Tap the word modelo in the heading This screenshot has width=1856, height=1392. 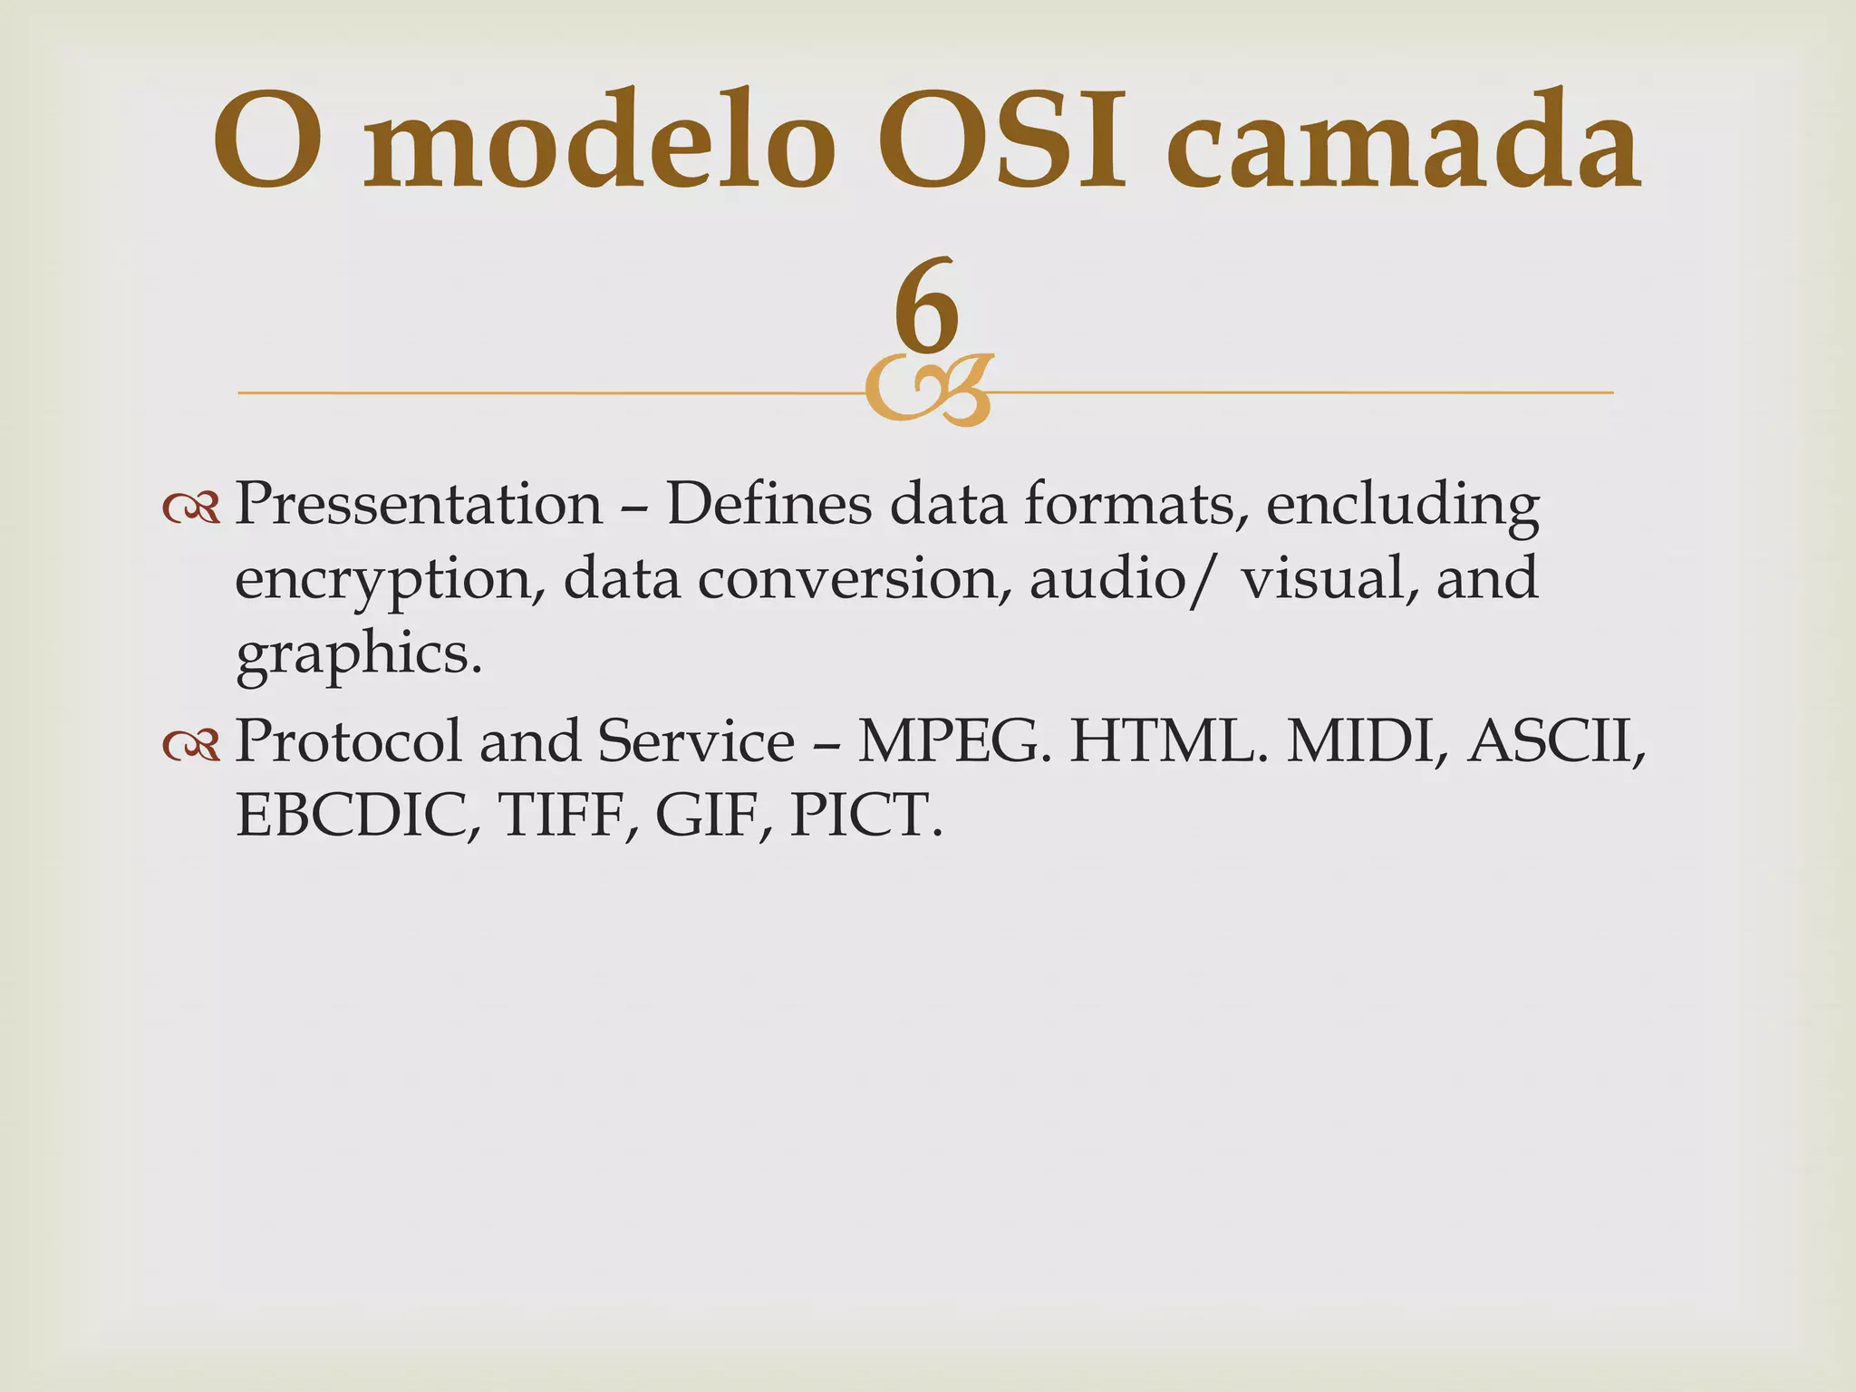point(598,145)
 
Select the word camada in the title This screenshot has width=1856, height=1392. point(1400,145)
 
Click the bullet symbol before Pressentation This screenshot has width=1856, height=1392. point(191,510)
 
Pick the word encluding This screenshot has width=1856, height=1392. point(1402,506)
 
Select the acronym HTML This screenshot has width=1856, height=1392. point(1169,741)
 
